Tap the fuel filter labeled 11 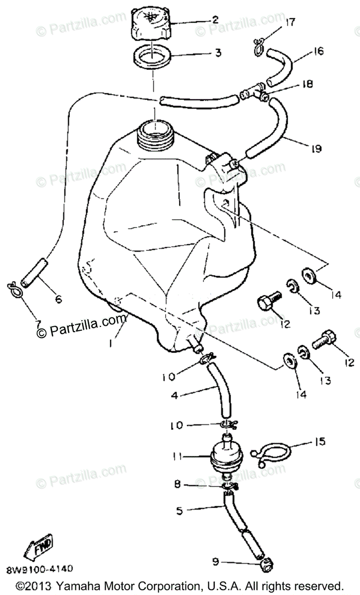point(228,455)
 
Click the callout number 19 point(316,148)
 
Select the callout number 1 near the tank point(113,342)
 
